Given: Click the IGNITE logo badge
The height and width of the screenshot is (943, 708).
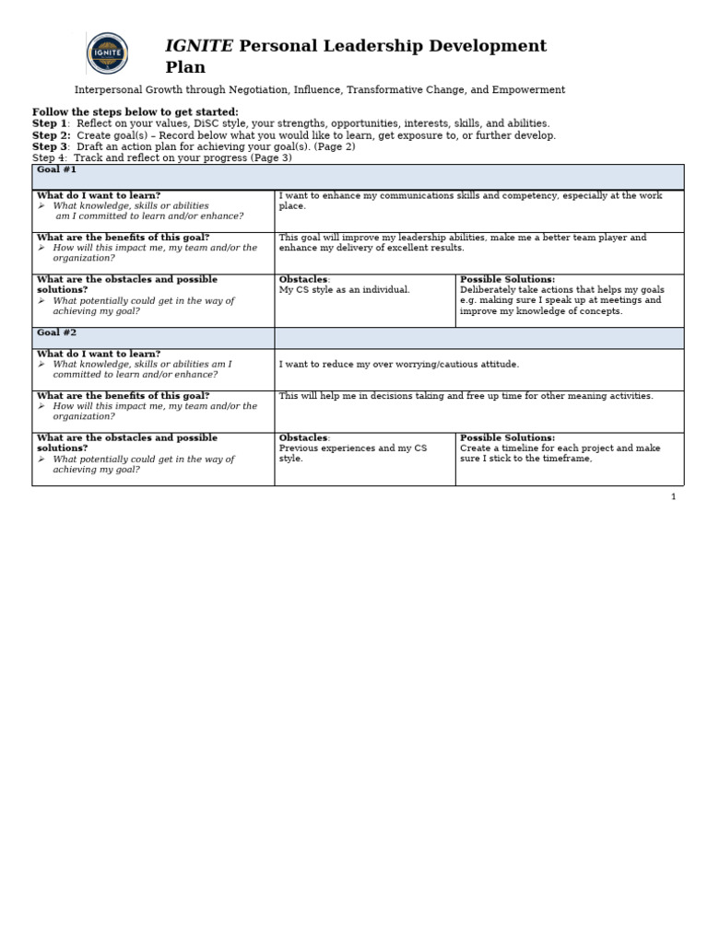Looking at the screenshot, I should pyautogui.click(x=107, y=52).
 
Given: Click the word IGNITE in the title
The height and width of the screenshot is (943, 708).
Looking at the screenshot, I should pyautogui.click(x=198, y=46).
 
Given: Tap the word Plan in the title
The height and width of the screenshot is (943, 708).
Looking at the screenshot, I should pyautogui.click(x=185, y=67).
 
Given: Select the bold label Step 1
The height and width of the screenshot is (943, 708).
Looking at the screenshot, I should pyautogui.click(x=50, y=123).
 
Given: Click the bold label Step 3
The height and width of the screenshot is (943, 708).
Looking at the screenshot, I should pyautogui.click(x=50, y=146).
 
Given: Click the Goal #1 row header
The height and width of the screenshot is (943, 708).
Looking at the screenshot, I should pyautogui.click(x=56, y=170).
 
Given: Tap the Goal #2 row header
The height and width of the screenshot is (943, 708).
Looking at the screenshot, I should pyautogui.click(x=56, y=332).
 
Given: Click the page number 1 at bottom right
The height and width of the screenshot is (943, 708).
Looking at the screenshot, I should pyautogui.click(x=673, y=497).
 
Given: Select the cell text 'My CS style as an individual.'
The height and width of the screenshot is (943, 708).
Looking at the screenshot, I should pyautogui.click(x=344, y=290).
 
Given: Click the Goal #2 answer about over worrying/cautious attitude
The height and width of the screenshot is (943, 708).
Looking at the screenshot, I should pyautogui.click(x=398, y=365).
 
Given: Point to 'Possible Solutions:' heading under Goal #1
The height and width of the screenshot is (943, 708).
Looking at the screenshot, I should pyautogui.click(x=507, y=279).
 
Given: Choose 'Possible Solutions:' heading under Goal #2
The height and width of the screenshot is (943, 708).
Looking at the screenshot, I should pyautogui.click(x=507, y=438).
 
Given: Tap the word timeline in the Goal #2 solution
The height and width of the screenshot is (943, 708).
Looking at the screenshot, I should pyautogui.click(x=520, y=448).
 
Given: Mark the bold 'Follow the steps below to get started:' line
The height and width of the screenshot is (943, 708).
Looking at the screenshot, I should pyautogui.click(x=135, y=112).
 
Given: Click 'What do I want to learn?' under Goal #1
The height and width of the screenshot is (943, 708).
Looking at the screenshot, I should pyautogui.click(x=98, y=195).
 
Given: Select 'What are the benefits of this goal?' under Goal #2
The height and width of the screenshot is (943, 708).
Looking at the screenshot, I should pyautogui.click(x=123, y=396).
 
